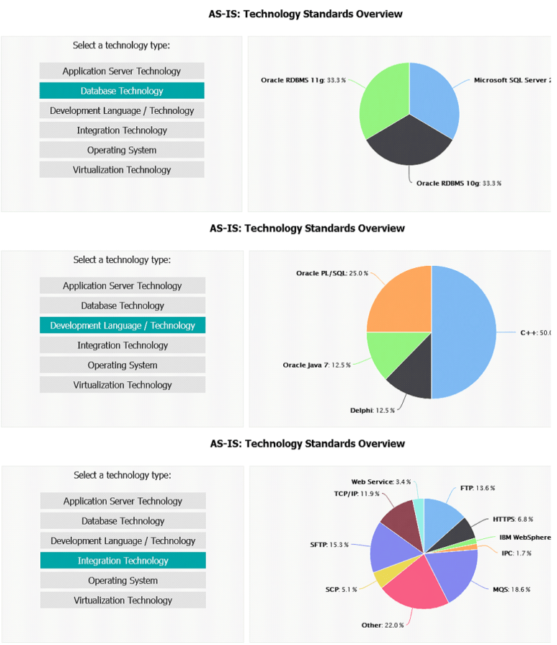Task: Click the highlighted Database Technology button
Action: pyautogui.click(x=122, y=91)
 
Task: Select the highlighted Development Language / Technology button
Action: pyautogui.click(x=122, y=325)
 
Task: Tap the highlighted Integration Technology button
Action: pyautogui.click(x=123, y=560)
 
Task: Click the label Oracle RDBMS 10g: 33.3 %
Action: pyautogui.click(x=459, y=183)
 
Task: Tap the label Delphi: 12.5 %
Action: pyautogui.click(x=371, y=411)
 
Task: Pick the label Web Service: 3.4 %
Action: pyautogui.click(x=381, y=482)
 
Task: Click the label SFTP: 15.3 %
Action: pyautogui.click(x=329, y=545)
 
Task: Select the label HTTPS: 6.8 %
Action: pyautogui.click(x=513, y=519)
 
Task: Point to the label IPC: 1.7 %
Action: pyautogui.click(x=516, y=553)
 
